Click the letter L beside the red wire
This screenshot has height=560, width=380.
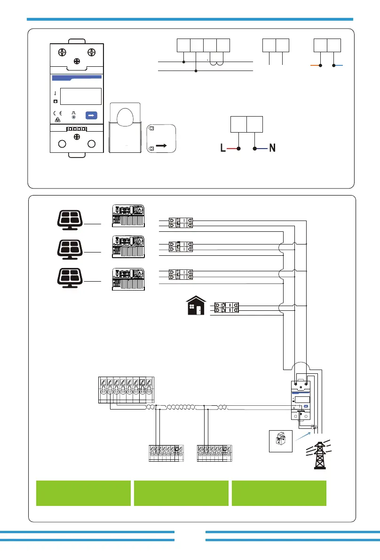coord(221,148)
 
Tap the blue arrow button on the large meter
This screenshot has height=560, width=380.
coord(92,115)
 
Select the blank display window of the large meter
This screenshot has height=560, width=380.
coord(81,96)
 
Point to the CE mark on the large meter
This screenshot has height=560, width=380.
coord(58,114)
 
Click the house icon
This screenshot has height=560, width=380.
coord(195,306)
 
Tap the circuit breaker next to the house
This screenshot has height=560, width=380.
coord(226,308)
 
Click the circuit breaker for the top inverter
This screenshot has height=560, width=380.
coord(181,223)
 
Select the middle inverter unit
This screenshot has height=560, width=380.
coord(128,246)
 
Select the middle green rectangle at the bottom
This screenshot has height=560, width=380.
coord(181,493)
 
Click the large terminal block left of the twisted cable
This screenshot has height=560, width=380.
coord(127,390)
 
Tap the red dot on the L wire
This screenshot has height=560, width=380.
coord(238,149)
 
